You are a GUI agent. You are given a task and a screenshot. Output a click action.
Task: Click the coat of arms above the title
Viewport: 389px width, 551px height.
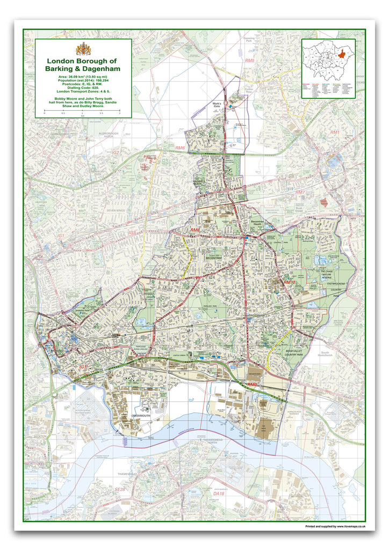pyautogui.click(x=83, y=48)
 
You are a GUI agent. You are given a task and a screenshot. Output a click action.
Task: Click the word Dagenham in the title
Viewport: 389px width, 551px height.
pyautogui.click(x=102, y=69)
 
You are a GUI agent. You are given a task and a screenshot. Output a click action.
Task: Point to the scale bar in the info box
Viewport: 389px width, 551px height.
pyautogui.click(x=82, y=110)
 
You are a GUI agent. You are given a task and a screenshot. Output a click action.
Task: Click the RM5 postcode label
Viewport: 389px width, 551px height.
pyautogui.click(x=249, y=61)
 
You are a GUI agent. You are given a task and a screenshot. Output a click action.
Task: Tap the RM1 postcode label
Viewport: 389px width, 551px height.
pyautogui.click(x=335, y=132)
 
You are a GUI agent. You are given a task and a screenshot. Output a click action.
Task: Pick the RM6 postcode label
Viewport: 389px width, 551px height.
pyautogui.click(x=180, y=147)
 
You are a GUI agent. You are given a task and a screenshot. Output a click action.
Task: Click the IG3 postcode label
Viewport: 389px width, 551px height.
pyautogui.click(x=132, y=232)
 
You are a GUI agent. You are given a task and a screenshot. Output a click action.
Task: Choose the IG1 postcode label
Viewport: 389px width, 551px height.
pyautogui.click(x=61, y=236)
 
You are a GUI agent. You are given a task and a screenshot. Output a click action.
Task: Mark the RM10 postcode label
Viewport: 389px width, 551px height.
pyautogui.click(x=290, y=282)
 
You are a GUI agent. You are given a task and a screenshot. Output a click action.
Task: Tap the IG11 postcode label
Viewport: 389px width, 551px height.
pyautogui.click(x=83, y=366)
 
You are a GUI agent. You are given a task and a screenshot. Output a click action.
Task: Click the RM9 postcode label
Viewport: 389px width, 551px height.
pyautogui.click(x=253, y=385)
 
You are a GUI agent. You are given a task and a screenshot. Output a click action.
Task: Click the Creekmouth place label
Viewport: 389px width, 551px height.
pyautogui.click(x=132, y=416)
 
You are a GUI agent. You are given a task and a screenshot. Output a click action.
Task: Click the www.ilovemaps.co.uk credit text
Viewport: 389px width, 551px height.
pyautogui.click(x=335, y=526)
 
